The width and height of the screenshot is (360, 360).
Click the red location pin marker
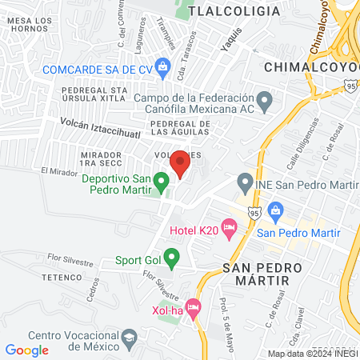180,163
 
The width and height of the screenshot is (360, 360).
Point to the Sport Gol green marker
170,259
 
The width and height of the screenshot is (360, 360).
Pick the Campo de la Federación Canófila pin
267,100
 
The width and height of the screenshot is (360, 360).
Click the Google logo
26,350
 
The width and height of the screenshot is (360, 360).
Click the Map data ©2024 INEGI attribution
312,354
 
